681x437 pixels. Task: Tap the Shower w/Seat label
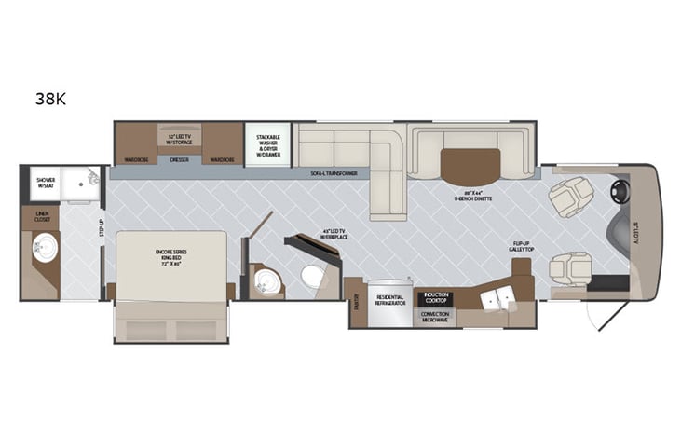(46, 183)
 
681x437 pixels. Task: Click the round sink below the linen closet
(43, 249)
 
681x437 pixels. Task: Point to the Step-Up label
(102, 227)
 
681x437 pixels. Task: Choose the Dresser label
(179, 159)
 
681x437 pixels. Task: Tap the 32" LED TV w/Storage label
(179, 139)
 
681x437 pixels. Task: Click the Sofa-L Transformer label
(334, 173)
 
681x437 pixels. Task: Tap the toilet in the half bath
(313, 276)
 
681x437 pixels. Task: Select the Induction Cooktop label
(436, 298)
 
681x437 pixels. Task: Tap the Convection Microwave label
(436, 316)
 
